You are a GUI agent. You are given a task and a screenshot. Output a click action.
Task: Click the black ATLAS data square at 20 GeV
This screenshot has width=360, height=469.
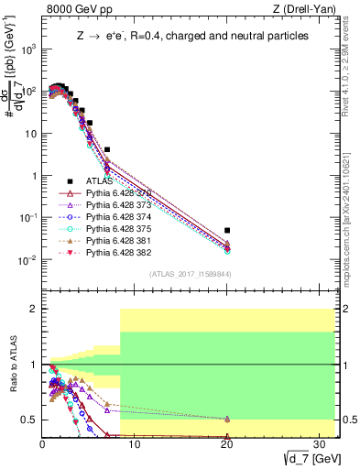coord(227,230)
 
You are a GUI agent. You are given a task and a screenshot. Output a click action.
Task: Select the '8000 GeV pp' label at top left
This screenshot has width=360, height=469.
coord(76,9)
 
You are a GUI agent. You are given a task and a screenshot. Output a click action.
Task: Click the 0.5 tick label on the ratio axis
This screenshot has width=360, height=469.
coord(27,420)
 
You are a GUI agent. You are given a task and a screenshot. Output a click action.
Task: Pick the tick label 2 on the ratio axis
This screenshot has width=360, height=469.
coord(32,309)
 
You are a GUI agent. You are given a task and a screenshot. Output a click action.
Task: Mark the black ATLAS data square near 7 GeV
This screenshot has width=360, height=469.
coord(107,149)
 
